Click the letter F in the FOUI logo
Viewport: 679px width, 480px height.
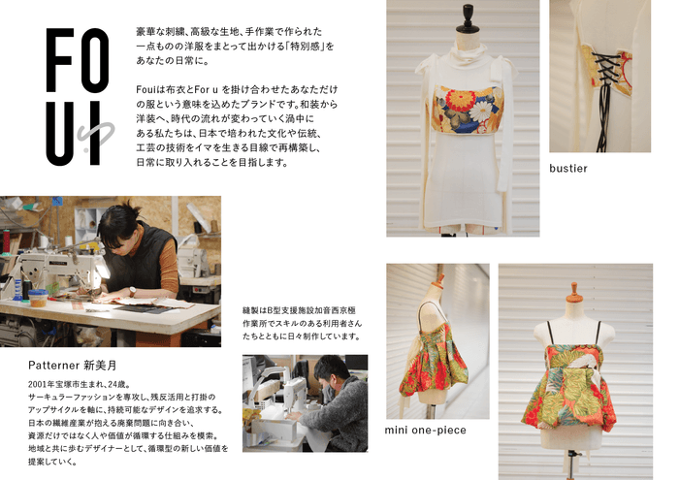click(59, 60)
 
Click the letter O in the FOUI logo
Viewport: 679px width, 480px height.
click(95, 60)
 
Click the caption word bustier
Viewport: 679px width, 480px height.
click(568, 169)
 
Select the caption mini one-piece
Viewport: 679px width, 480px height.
click(425, 431)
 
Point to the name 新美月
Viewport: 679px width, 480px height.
click(100, 366)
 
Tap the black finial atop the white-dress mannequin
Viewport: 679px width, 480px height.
click(468, 19)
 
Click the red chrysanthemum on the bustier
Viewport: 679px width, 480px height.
click(460, 100)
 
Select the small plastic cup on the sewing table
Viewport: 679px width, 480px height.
click(38, 298)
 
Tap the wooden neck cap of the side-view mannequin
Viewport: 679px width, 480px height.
click(439, 282)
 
